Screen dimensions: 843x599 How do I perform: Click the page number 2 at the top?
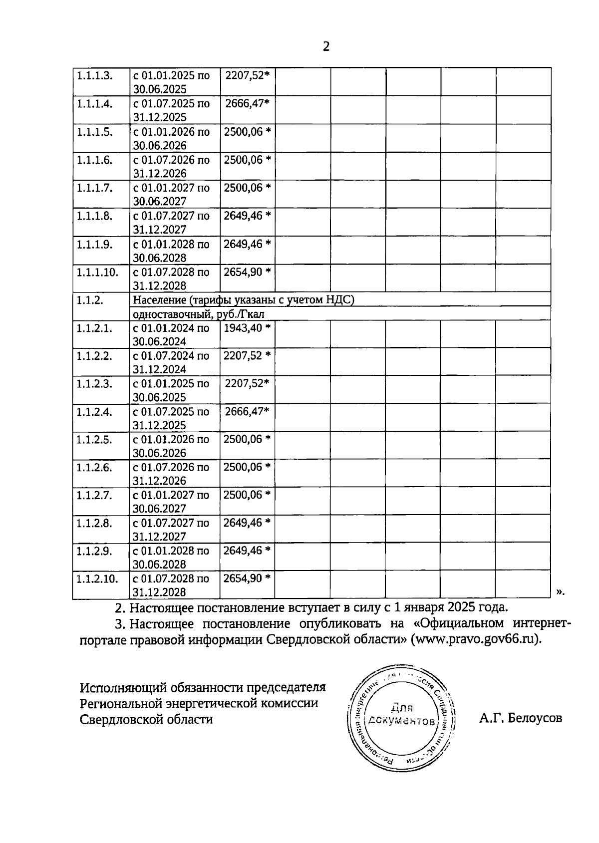point(326,47)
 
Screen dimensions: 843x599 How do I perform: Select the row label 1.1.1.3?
point(94,76)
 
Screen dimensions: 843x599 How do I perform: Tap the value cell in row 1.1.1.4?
point(247,104)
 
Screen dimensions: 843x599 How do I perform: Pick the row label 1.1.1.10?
point(97,272)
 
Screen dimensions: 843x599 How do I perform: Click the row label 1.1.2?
point(90,300)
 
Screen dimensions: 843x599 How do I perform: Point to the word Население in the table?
point(155,300)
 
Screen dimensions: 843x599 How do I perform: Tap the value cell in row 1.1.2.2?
point(247,356)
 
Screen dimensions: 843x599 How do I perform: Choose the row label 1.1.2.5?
point(94,440)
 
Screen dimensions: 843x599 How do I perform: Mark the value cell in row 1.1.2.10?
point(247,578)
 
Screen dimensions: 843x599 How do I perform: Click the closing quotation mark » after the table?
point(560,591)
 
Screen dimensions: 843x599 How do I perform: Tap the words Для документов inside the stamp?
point(401,714)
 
